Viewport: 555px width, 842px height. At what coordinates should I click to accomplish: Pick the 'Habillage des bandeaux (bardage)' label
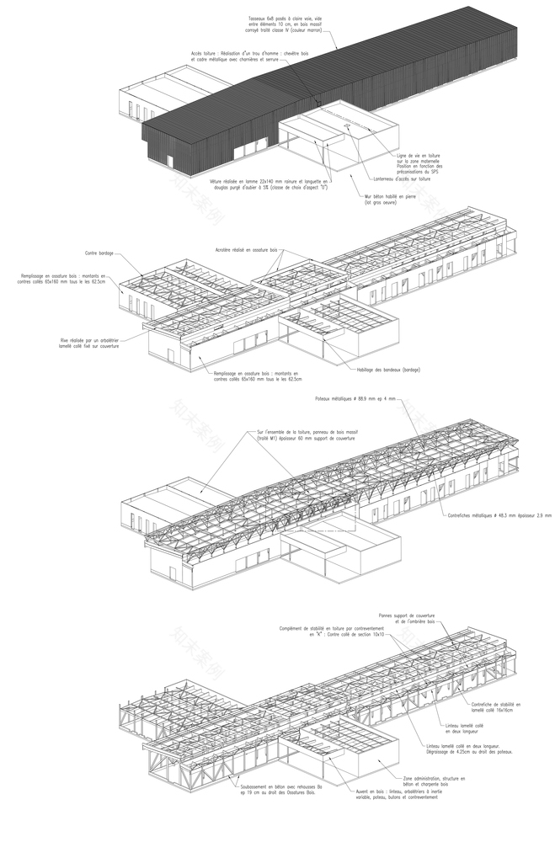[387, 370]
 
